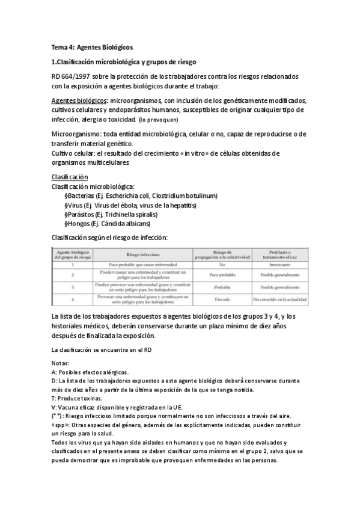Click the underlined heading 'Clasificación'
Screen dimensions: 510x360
(x=70, y=177)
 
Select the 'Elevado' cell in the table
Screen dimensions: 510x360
(x=222, y=298)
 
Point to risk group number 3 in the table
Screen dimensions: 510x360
(x=72, y=286)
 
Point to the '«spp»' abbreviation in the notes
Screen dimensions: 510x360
(x=62, y=424)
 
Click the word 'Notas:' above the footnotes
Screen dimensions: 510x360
(x=61, y=363)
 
